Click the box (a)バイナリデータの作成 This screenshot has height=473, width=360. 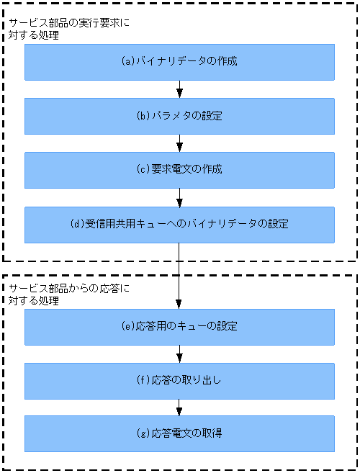[x=179, y=62]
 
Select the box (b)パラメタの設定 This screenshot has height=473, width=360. [x=179, y=116]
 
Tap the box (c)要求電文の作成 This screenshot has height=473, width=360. [x=179, y=170]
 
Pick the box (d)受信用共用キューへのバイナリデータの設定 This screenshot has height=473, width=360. [x=179, y=224]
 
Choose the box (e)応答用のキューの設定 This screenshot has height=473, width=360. [x=179, y=327]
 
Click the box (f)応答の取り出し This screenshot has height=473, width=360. [x=179, y=380]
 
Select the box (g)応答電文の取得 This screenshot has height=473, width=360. [x=179, y=433]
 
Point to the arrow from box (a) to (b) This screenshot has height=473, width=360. [x=179, y=89]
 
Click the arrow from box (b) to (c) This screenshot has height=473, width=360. [x=179, y=143]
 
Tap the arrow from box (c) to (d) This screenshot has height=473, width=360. [x=179, y=197]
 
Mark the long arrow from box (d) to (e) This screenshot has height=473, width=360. [x=179, y=275]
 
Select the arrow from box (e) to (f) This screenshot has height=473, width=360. [x=179, y=353]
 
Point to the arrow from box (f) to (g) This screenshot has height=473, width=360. [x=179, y=407]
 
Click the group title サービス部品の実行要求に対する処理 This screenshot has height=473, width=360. [x=70, y=29]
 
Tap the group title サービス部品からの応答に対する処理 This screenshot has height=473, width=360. [x=70, y=294]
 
